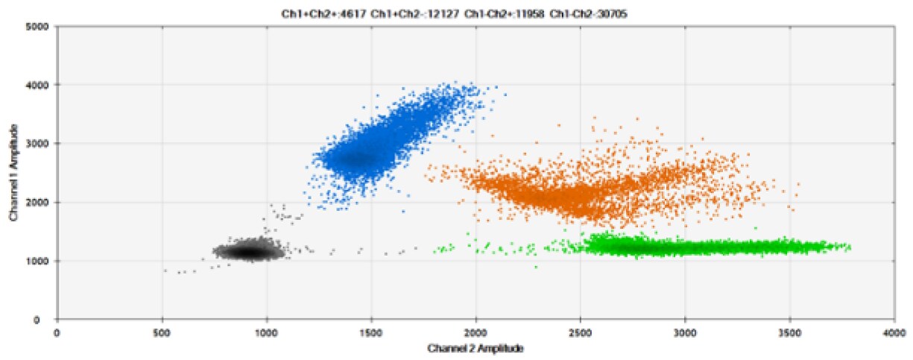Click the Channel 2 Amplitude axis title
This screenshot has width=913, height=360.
475,348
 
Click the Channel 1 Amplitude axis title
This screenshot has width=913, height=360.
13,173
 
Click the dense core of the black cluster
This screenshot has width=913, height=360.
247,252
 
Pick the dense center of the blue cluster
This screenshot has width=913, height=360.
356,158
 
